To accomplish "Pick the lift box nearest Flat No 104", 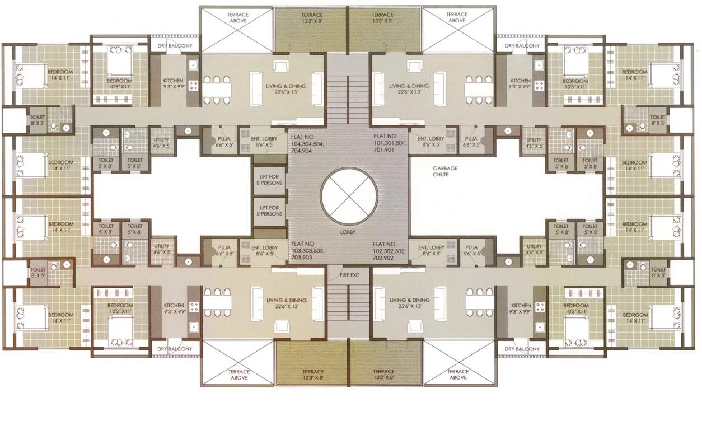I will click(x=269, y=180).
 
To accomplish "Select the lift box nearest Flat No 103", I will click(x=269, y=211).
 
